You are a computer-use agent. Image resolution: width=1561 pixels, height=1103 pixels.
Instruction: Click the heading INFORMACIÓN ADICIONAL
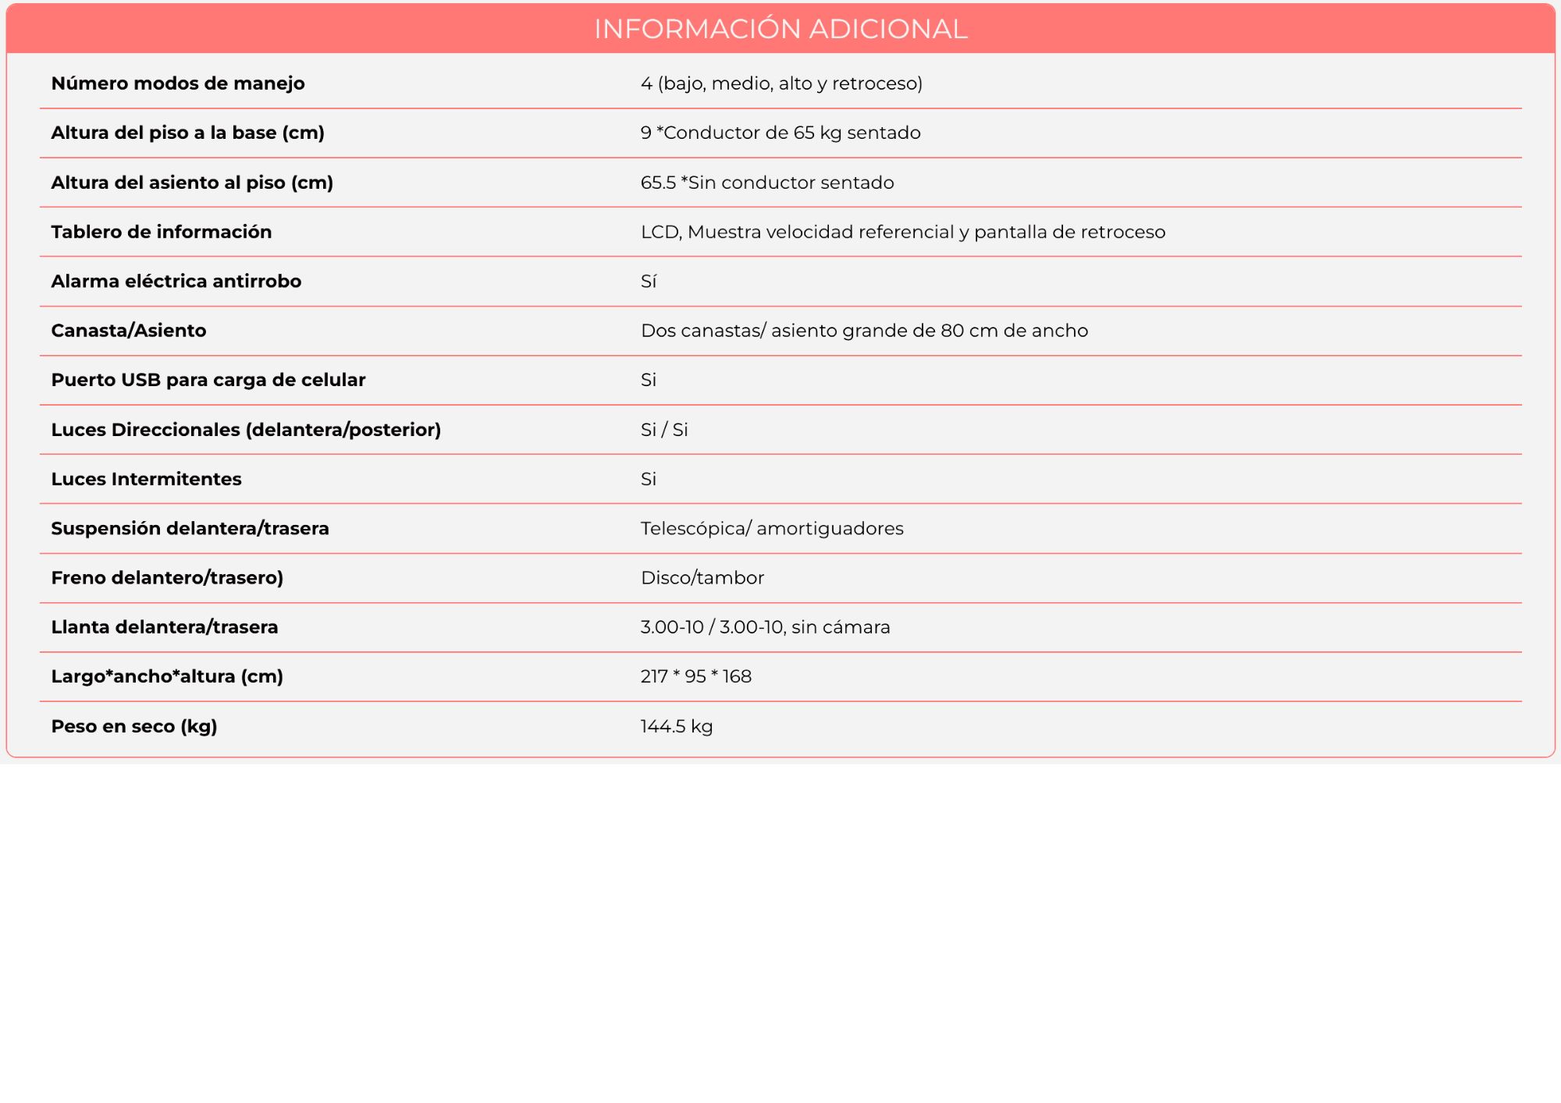coord(780,29)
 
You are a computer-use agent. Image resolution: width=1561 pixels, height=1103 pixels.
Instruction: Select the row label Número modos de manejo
coord(178,83)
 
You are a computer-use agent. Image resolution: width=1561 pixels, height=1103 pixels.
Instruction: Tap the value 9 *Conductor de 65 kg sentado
coord(780,133)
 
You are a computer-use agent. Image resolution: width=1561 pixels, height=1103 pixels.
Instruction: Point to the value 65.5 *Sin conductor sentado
coord(767,183)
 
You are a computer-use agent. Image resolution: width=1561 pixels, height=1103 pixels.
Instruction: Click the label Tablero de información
coord(162,232)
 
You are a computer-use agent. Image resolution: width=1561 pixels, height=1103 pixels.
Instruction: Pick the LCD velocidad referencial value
coord(903,232)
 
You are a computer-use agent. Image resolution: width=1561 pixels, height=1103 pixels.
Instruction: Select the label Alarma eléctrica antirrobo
coord(176,281)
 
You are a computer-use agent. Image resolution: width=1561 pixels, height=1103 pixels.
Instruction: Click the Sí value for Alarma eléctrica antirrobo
coord(649,281)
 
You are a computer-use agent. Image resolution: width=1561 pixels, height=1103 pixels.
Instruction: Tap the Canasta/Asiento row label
coord(129,331)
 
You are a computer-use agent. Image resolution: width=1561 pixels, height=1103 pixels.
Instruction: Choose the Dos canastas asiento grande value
coord(864,331)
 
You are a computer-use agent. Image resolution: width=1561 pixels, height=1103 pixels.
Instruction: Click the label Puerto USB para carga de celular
coord(208,380)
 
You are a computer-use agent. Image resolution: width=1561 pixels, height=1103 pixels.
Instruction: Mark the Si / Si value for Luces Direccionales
coord(664,430)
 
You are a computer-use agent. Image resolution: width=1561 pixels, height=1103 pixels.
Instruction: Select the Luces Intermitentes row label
coord(147,479)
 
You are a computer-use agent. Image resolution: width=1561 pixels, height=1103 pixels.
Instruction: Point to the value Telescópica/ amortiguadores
coord(772,528)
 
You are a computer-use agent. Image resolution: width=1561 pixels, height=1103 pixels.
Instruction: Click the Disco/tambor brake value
coord(702,578)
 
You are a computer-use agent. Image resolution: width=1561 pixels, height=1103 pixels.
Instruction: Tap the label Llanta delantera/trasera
coord(165,627)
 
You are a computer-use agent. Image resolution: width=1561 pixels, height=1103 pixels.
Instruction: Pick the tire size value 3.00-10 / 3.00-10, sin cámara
coord(765,627)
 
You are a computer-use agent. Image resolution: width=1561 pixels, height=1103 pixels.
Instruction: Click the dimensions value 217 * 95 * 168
coord(696,676)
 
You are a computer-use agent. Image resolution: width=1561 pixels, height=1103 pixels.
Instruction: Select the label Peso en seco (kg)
coord(134,726)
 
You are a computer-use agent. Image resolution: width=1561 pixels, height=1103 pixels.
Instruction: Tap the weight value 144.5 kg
coord(677,726)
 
